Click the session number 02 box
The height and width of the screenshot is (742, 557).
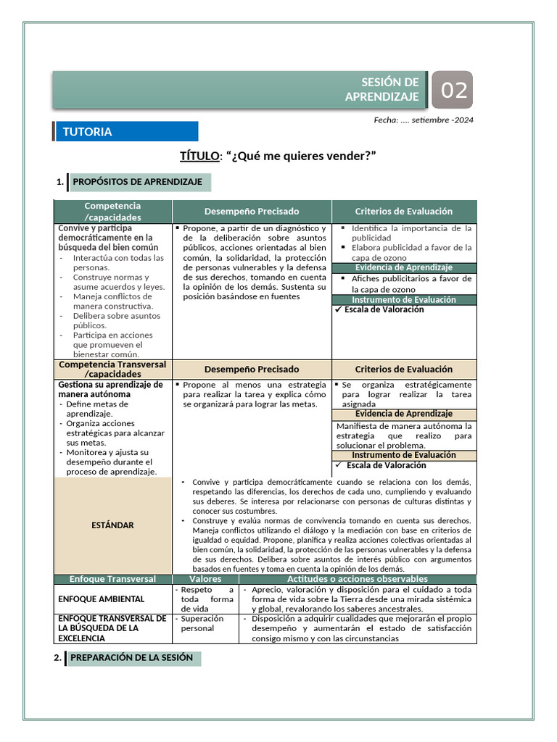(453, 91)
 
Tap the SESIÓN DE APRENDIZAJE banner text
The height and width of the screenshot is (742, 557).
(390, 90)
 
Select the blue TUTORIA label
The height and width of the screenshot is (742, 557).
(125, 132)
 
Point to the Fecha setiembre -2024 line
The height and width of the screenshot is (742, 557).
(424, 120)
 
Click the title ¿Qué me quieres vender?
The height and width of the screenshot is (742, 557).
(278, 157)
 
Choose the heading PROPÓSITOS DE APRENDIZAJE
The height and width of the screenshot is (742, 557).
(138, 182)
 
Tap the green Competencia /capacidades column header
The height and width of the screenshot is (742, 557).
(112, 212)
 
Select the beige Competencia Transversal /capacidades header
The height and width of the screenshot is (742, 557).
(112, 369)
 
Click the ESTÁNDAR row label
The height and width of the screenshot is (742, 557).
(112, 525)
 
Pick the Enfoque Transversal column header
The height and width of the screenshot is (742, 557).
(112, 580)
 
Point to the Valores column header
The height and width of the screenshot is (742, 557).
(205, 580)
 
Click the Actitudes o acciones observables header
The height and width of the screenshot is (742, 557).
(358, 580)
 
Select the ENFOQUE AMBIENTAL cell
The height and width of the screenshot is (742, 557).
(102, 599)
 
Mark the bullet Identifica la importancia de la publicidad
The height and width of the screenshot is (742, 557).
(410, 233)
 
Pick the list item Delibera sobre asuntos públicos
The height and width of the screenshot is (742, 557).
(116, 320)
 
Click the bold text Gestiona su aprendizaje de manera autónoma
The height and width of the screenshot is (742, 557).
(110, 389)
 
